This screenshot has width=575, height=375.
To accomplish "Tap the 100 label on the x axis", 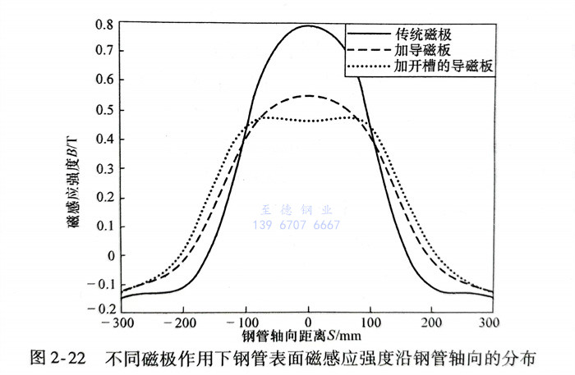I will tap(370, 321).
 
